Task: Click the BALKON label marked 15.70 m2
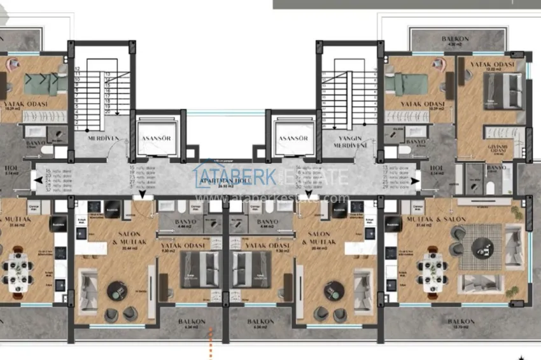tap(462, 322)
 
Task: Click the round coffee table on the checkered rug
tap(481, 247)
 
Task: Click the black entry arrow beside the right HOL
tap(414, 181)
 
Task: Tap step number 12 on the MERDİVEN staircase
tap(76, 68)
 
